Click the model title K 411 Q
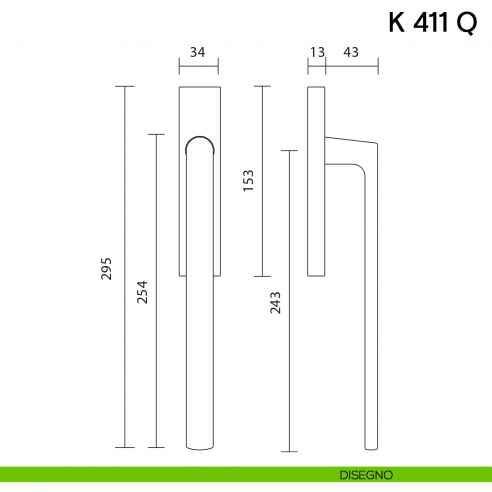tap(432, 25)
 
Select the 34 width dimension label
tap(197, 51)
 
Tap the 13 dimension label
tap(317, 51)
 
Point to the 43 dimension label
tap(351, 51)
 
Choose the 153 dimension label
tap(249, 180)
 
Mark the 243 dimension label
tap(275, 303)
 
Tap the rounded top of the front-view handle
tap(198, 141)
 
